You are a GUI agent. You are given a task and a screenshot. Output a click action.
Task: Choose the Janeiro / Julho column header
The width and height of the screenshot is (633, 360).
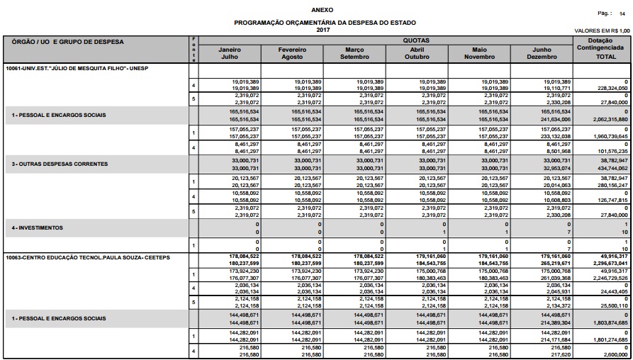230,53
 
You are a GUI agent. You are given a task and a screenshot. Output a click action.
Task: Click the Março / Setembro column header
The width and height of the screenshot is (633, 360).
354,53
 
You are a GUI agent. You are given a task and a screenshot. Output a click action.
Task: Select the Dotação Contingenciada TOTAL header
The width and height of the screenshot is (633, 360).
601,49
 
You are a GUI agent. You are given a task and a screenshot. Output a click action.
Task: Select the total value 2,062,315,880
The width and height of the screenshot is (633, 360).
607,120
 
